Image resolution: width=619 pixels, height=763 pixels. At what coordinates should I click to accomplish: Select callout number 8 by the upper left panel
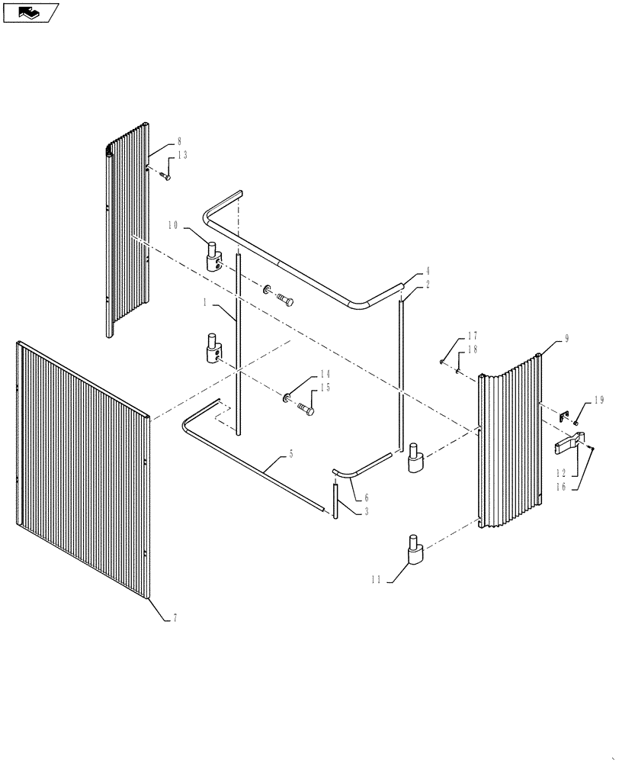(x=179, y=141)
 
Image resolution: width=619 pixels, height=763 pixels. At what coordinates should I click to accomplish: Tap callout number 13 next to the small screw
(x=181, y=155)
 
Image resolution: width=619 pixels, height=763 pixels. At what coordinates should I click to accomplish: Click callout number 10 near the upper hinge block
(x=172, y=226)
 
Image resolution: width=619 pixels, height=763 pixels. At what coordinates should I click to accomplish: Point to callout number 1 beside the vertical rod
(x=205, y=303)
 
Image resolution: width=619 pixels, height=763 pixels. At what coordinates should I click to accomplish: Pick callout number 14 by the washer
(x=325, y=374)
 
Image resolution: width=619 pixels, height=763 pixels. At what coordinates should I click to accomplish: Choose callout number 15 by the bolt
(x=325, y=387)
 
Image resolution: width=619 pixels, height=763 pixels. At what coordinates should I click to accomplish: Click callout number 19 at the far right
(x=598, y=400)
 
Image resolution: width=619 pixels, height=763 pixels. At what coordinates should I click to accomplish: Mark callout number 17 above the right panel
(x=472, y=335)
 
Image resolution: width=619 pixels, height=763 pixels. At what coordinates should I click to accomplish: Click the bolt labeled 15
(x=306, y=410)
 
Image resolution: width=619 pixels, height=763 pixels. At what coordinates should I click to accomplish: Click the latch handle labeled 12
(x=572, y=443)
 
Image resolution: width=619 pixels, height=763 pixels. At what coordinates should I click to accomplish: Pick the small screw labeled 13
(x=165, y=177)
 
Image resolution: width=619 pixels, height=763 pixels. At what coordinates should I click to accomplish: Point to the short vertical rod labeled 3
(x=335, y=500)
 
